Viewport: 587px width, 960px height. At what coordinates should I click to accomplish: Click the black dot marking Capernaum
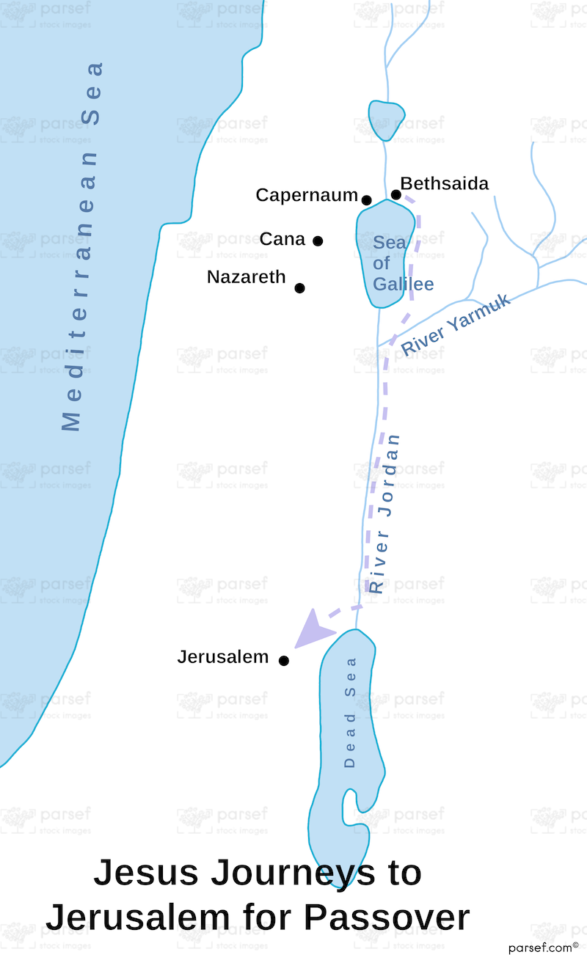[x=367, y=200]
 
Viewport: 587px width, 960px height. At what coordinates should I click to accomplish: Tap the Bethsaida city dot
[x=396, y=194]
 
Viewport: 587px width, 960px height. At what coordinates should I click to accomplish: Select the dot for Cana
[x=318, y=241]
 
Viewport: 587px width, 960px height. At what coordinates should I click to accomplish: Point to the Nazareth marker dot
[x=299, y=287]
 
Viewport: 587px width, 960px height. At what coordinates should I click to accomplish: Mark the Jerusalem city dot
[x=284, y=661]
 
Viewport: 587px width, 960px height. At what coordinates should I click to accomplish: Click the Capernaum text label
[x=306, y=195]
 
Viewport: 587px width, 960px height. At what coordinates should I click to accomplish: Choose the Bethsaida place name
[x=445, y=183]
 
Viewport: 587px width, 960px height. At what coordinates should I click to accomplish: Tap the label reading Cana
[x=282, y=239]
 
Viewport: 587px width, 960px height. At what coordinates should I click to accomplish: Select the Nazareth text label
[x=246, y=277]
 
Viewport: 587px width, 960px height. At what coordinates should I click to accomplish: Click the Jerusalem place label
[x=223, y=657]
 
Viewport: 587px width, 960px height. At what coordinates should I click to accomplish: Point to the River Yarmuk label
[x=456, y=324]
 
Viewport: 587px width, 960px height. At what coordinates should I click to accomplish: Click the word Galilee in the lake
[x=403, y=284]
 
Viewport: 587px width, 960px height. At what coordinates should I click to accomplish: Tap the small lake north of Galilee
[x=386, y=120]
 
